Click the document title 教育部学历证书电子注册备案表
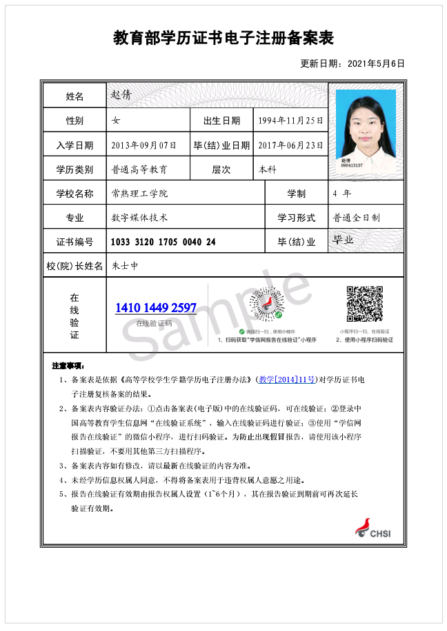pyautogui.click(x=223, y=39)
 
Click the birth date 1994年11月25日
pyautogui.click(x=290, y=121)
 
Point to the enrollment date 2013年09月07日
pyautogui.click(x=144, y=145)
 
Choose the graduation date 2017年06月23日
pyautogui.click(x=290, y=145)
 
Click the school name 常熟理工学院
pyautogui.click(x=139, y=194)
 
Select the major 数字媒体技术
pyautogui.click(x=139, y=218)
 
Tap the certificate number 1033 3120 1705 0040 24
pyautogui.click(x=163, y=242)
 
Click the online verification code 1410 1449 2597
pyautogui.click(x=156, y=308)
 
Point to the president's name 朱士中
pyautogui.click(x=125, y=265)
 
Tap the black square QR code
pyautogui.click(x=364, y=304)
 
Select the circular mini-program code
pyautogui.click(x=266, y=304)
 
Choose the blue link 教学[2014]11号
pyautogui.click(x=288, y=380)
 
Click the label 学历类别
pyautogui.click(x=74, y=169)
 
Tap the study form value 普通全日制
pyautogui.click(x=357, y=218)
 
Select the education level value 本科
pyautogui.click(x=268, y=169)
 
